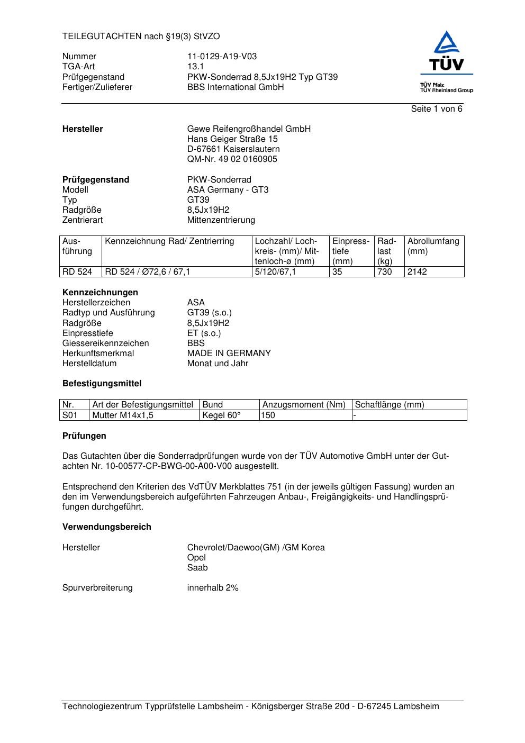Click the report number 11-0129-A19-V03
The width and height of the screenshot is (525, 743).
pyautogui.click(x=222, y=57)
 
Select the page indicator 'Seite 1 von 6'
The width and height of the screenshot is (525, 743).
pyautogui.click(x=436, y=109)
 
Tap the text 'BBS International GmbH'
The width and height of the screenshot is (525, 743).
pyautogui.click(x=235, y=87)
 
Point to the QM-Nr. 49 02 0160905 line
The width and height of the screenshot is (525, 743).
pyautogui.click(x=232, y=159)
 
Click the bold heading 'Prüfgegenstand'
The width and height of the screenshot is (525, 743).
pyautogui.click(x=96, y=180)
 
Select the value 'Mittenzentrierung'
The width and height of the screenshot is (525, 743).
pyautogui.click(x=221, y=220)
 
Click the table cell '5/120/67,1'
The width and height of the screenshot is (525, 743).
pyautogui.click(x=275, y=272)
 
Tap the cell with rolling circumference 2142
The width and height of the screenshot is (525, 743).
pyautogui.click(x=417, y=272)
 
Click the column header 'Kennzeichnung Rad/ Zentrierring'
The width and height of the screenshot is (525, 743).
pyautogui.click(x=169, y=242)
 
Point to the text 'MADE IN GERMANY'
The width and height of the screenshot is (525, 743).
pyautogui.click(x=229, y=354)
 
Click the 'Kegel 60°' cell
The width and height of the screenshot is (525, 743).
pyautogui.click(x=221, y=415)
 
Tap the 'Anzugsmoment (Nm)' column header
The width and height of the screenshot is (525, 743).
pyautogui.click(x=304, y=405)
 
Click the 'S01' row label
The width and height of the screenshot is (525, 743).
pyautogui.click(x=70, y=415)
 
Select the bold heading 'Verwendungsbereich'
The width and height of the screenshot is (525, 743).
pyautogui.click(x=106, y=527)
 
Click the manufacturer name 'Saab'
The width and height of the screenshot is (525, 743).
pyautogui.click(x=197, y=568)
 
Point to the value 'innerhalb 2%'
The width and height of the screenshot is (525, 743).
pyautogui.click(x=213, y=588)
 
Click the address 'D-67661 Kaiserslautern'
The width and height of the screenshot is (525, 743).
pyautogui.click(x=233, y=149)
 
